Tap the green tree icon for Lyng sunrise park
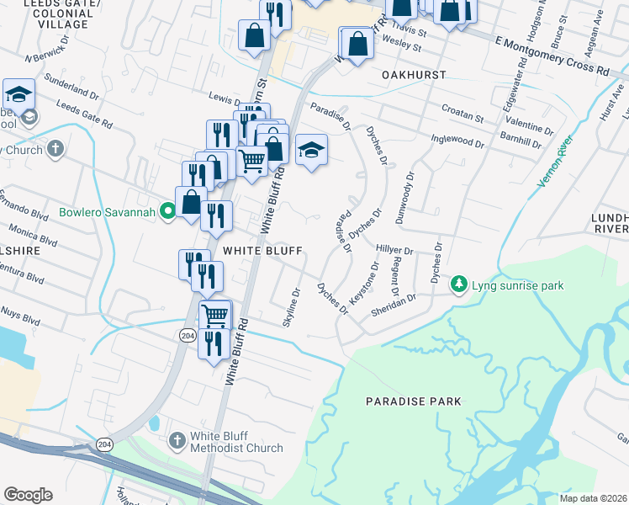[459, 286]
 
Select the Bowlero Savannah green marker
[168, 213]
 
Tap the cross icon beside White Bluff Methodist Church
[177, 440]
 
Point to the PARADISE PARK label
[414, 401]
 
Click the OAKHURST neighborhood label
[412, 75]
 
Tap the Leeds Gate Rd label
[84, 114]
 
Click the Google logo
[28, 494]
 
